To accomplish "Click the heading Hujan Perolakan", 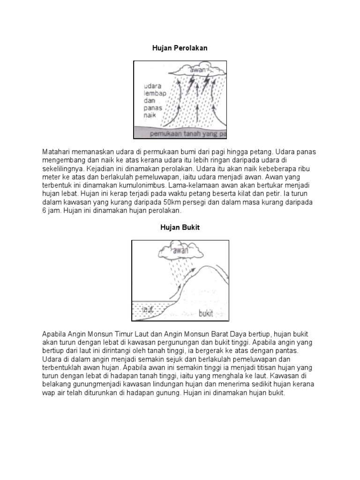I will point(180,48).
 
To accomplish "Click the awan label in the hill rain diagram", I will point(180,250).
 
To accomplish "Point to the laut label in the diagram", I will point(148,309).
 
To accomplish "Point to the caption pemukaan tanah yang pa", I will point(187,134).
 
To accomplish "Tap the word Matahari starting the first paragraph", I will point(57,153).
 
